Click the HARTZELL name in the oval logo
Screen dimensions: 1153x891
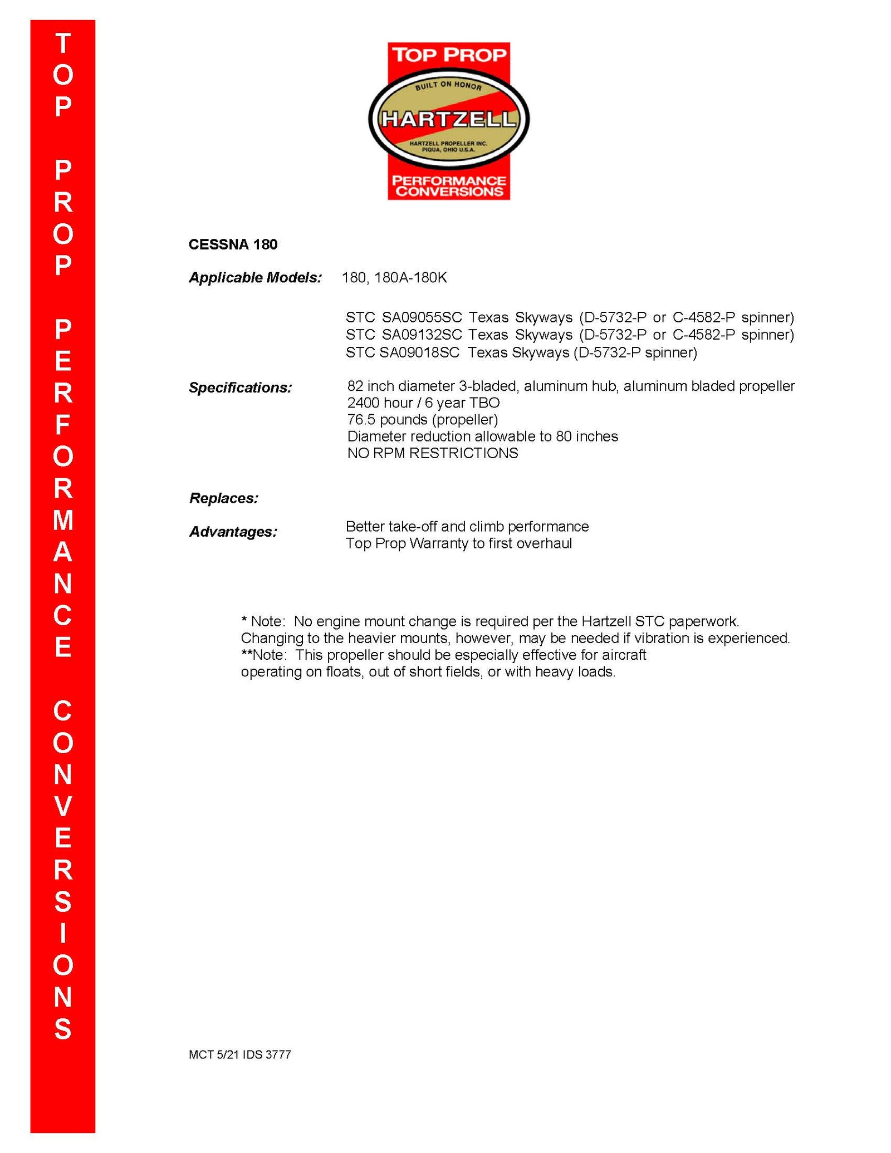pyautogui.click(x=448, y=119)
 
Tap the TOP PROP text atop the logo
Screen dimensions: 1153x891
pyautogui.click(x=449, y=55)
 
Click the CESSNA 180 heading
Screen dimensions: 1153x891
pyautogui.click(x=233, y=244)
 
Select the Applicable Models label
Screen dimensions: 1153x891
pyautogui.click(x=255, y=277)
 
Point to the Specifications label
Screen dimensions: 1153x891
pyautogui.click(x=240, y=387)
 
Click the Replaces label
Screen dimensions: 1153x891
pyautogui.click(x=224, y=498)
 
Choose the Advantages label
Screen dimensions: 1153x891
pyautogui.click(x=233, y=532)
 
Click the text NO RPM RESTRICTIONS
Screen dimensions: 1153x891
pyautogui.click(x=432, y=453)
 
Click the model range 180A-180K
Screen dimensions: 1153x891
pyautogui.click(x=410, y=277)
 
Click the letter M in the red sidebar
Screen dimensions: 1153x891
pyautogui.click(x=63, y=521)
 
